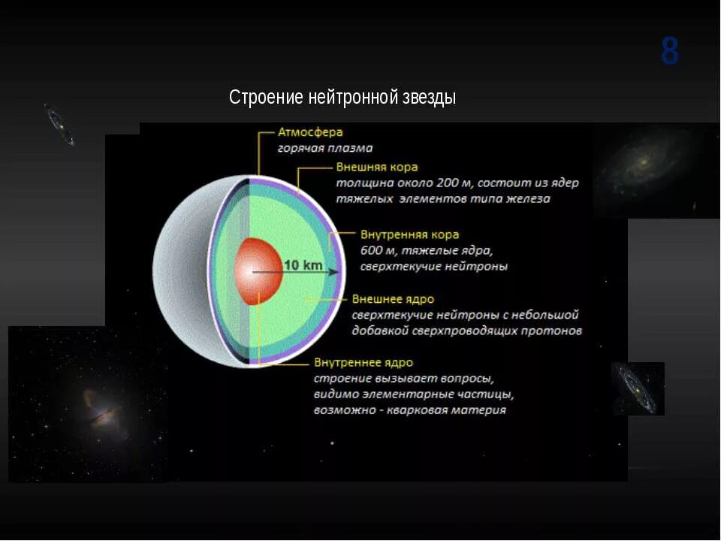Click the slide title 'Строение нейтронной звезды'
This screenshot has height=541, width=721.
342,98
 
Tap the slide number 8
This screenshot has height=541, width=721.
670,52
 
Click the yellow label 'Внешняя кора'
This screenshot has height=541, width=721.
376,167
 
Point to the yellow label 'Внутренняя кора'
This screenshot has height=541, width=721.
409,235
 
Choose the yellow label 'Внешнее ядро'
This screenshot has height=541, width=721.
393,299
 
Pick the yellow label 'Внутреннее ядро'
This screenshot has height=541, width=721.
364,363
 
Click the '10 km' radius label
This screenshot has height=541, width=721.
303,265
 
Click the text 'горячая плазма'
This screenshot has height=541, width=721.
324,149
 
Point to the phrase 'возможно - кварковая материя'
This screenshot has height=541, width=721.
409,410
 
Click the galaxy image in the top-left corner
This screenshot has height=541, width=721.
59,124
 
